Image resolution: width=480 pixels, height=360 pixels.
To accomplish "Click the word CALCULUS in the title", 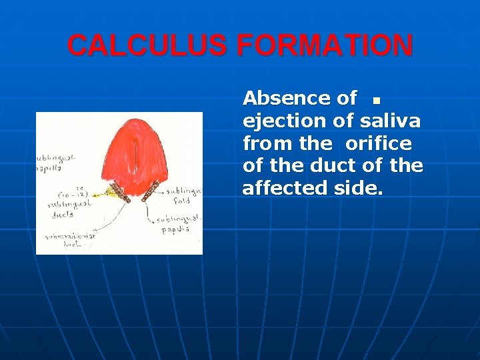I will coord(148,46).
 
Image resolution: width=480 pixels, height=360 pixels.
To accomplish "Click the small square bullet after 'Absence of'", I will coord(376,101).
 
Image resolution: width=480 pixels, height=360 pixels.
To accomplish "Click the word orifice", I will coord(378,143).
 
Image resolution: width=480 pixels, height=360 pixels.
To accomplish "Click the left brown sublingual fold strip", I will coord(120,192).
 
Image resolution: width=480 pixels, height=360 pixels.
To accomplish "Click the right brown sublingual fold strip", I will coord(153,191).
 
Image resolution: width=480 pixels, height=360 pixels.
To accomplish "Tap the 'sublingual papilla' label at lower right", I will coord(175,223).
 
